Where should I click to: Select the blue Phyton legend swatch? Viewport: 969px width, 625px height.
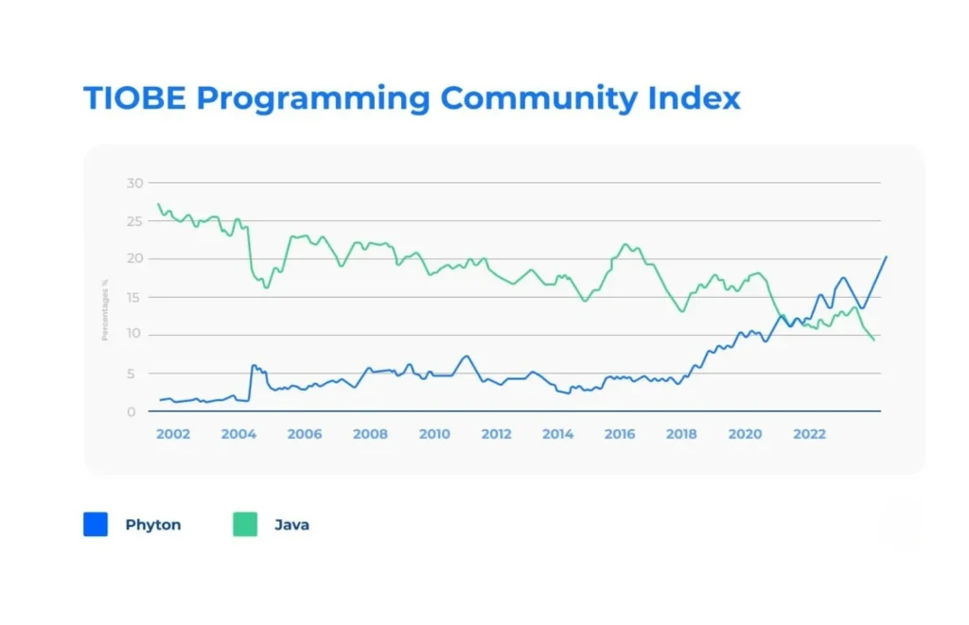click(x=96, y=525)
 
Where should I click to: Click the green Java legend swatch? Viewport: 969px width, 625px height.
click(x=245, y=525)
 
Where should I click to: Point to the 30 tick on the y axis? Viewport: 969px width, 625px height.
click(x=134, y=182)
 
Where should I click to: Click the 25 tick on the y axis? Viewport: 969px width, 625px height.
click(x=134, y=220)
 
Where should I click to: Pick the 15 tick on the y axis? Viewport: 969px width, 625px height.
click(x=134, y=297)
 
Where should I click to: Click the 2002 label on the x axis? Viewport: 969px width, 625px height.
click(x=173, y=434)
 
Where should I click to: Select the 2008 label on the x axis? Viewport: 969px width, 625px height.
click(x=370, y=434)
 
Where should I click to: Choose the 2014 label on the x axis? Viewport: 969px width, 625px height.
click(x=558, y=434)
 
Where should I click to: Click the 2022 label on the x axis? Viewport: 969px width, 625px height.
click(x=809, y=434)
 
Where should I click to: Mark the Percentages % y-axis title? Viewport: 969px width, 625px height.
click(x=106, y=307)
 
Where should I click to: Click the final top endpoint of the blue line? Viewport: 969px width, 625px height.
click(x=886, y=256)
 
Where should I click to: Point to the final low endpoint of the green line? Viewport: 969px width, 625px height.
click(x=872, y=339)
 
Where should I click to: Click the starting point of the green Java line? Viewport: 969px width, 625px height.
click(x=158, y=204)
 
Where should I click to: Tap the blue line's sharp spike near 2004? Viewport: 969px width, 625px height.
click(x=253, y=366)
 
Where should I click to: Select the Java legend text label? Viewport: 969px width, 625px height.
click(x=291, y=525)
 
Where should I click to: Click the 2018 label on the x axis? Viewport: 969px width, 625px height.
click(x=681, y=434)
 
